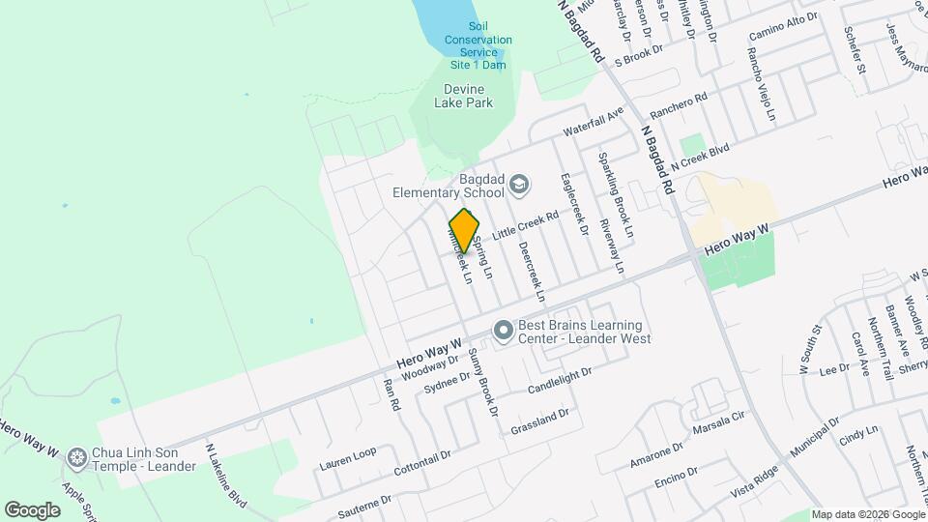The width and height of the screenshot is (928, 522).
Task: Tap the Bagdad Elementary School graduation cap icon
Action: click(x=520, y=184)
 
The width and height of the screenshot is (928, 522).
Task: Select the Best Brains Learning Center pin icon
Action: click(x=503, y=332)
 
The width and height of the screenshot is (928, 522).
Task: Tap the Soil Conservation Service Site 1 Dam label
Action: click(x=478, y=45)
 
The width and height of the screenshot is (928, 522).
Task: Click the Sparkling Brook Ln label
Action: click(x=614, y=195)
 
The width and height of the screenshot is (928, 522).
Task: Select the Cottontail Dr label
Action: click(x=422, y=463)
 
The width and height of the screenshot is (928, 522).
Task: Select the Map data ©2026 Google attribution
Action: click(x=867, y=514)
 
